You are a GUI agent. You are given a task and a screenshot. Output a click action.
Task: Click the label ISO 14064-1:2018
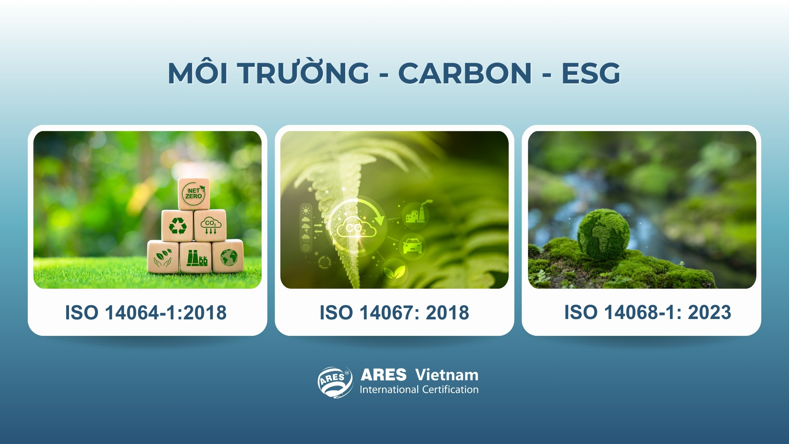(146, 313)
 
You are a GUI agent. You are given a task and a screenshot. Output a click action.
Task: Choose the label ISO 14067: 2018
(394, 313)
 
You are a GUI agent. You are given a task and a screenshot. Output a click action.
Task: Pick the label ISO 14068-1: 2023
(648, 312)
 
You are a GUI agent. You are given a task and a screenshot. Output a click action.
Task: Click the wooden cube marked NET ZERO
(194, 194)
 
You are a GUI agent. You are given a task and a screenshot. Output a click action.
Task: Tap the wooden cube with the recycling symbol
(178, 225)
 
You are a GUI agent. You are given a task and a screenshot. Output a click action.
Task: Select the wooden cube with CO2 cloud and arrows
(210, 225)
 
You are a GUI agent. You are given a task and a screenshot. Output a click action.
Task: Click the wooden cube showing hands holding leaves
(163, 257)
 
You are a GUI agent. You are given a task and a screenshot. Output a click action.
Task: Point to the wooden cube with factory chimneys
(196, 257)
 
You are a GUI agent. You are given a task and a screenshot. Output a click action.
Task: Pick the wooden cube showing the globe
(228, 257)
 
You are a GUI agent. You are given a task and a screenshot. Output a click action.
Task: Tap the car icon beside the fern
(412, 246)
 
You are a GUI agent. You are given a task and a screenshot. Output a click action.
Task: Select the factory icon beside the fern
(416, 215)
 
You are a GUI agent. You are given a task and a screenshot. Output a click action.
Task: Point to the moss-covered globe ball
(603, 234)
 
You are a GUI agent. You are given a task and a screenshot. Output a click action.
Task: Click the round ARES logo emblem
(335, 382)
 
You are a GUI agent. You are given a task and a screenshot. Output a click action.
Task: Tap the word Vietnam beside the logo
(446, 375)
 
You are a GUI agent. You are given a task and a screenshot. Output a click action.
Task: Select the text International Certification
(419, 390)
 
